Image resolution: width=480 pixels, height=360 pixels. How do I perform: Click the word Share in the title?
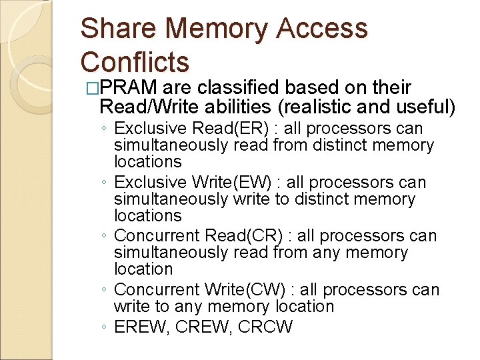tap(117, 29)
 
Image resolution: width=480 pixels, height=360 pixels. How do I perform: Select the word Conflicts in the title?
tap(135, 62)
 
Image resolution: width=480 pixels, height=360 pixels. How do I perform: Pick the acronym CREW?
tap(199, 327)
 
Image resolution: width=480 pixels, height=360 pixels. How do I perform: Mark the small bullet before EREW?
tap(104, 328)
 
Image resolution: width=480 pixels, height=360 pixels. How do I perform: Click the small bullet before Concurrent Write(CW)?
tap(104, 291)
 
